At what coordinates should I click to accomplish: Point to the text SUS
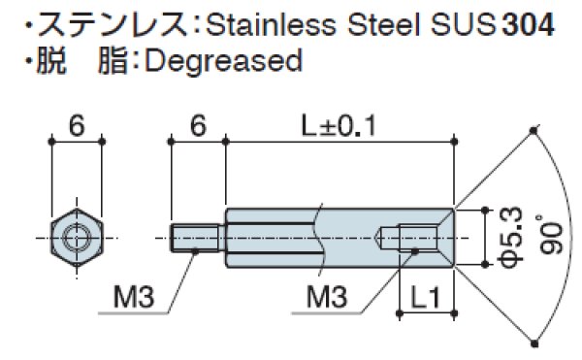(x=453, y=24)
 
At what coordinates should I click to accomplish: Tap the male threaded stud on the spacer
(x=198, y=238)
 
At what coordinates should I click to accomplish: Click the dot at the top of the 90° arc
(x=535, y=130)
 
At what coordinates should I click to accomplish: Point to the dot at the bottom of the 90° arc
(x=535, y=340)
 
